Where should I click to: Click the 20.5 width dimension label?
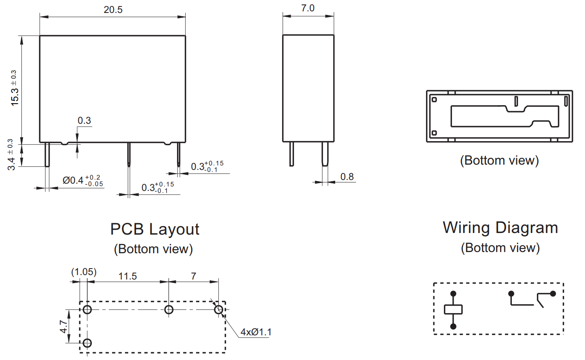pos(113,10)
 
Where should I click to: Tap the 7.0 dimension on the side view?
pos(308,8)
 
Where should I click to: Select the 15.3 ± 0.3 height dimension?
pos(14,88)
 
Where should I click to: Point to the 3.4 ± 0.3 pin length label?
pos(11,155)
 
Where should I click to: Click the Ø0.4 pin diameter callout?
pos(82,180)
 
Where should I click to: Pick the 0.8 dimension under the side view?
pos(347,177)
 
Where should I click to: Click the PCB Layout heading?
pos(155,229)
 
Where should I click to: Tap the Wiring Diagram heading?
pos(500,228)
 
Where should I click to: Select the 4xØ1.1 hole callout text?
pos(256,332)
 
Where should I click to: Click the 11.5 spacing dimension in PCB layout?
pos(127,276)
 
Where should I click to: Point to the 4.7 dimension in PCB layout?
pos(63,326)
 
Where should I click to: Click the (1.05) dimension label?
pos(84,272)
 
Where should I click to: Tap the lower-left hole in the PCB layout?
pos(87,343)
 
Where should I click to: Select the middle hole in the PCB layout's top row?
pos(169,310)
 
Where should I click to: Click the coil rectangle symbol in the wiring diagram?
pos(453,309)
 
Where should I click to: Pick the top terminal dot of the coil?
pos(453,294)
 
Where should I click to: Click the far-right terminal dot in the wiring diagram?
pos(553,294)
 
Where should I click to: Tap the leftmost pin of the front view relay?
pos(47,154)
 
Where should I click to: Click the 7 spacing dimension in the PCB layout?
pos(194,276)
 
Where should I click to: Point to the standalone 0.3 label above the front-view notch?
pos(84,121)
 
